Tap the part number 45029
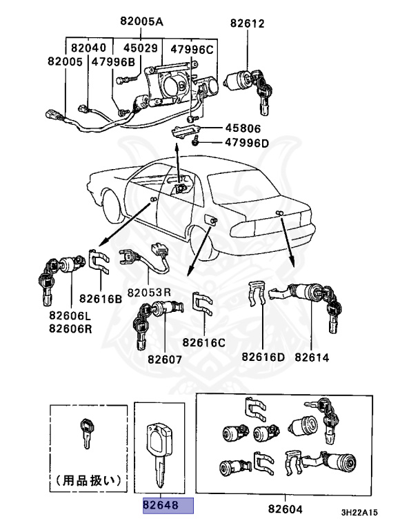pyautogui.click(x=141, y=48)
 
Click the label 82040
pyautogui.click(x=88, y=48)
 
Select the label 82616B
pyautogui.click(x=100, y=299)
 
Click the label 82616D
pyautogui.click(x=263, y=357)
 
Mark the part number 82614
pyautogui.click(x=312, y=357)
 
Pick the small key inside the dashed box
pyautogui.click(x=86, y=431)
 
